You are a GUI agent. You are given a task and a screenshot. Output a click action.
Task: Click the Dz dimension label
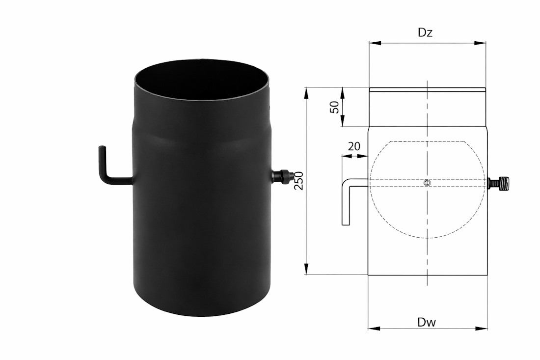(x=425, y=32)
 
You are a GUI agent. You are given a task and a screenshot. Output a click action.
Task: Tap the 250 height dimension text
(x=299, y=181)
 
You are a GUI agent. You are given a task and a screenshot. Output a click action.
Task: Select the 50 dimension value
(x=334, y=107)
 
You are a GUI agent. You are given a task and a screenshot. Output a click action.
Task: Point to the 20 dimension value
(x=354, y=146)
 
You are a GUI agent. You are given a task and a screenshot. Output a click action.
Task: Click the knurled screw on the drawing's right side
(x=499, y=183)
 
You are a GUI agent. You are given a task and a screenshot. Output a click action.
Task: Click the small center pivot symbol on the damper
(x=428, y=183)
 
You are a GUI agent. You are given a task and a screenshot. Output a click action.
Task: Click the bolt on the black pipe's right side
(x=282, y=176)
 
